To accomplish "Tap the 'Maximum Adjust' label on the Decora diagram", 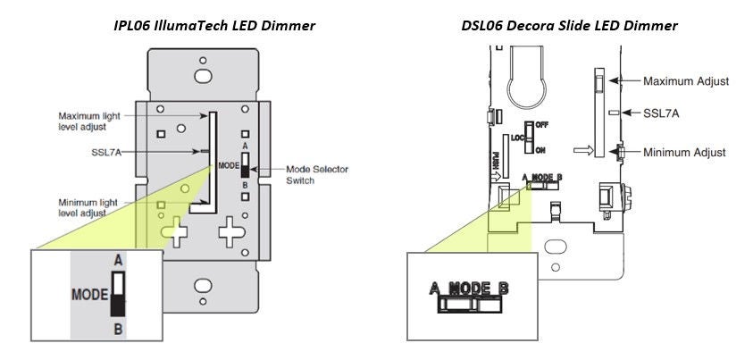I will [x=686, y=81].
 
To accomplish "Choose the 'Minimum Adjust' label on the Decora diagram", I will [x=685, y=153].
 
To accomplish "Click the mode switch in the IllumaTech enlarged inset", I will [x=117, y=294].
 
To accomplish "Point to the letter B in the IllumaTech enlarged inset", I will [x=116, y=328].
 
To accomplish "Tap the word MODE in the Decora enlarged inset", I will [x=471, y=288].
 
